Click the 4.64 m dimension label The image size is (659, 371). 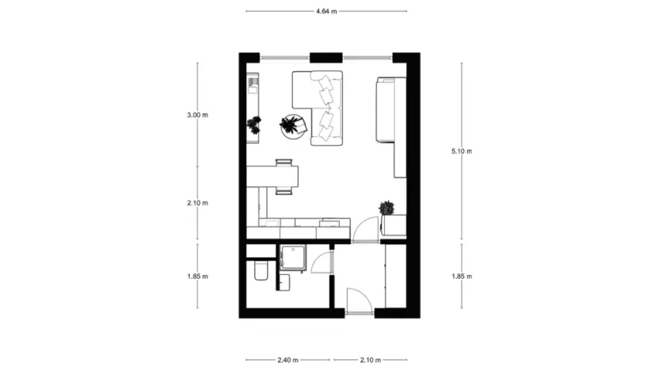click(x=326, y=11)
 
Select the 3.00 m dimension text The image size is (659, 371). click(x=197, y=115)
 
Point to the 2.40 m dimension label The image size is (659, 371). click(x=288, y=360)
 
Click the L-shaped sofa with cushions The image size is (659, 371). click(x=321, y=107)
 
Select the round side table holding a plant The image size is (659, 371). click(x=292, y=125)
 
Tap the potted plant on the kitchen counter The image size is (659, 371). click(x=254, y=124)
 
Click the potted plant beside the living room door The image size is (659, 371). click(x=387, y=208)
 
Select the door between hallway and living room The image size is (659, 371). click(x=364, y=228)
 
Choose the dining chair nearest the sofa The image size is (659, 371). click(x=285, y=163)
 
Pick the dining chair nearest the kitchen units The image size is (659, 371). click(x=285, y=190)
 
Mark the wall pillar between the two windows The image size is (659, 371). click(x=326, y=57)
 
